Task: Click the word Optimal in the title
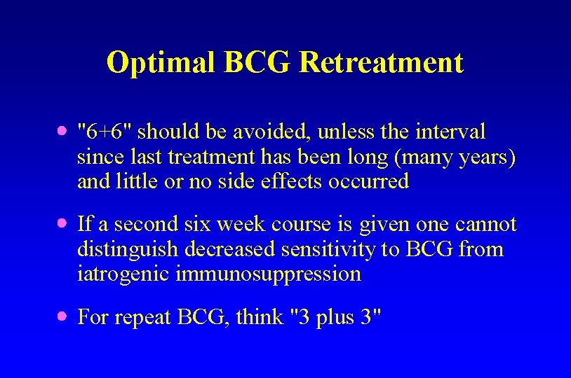[x=161, y=63]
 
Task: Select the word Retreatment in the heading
[x=381, y=63]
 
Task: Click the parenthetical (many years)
[x=456, y=157]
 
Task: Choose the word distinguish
[x=133, y=249]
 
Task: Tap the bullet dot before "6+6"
[x=62, y=131]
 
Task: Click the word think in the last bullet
[x=260, y=317]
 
